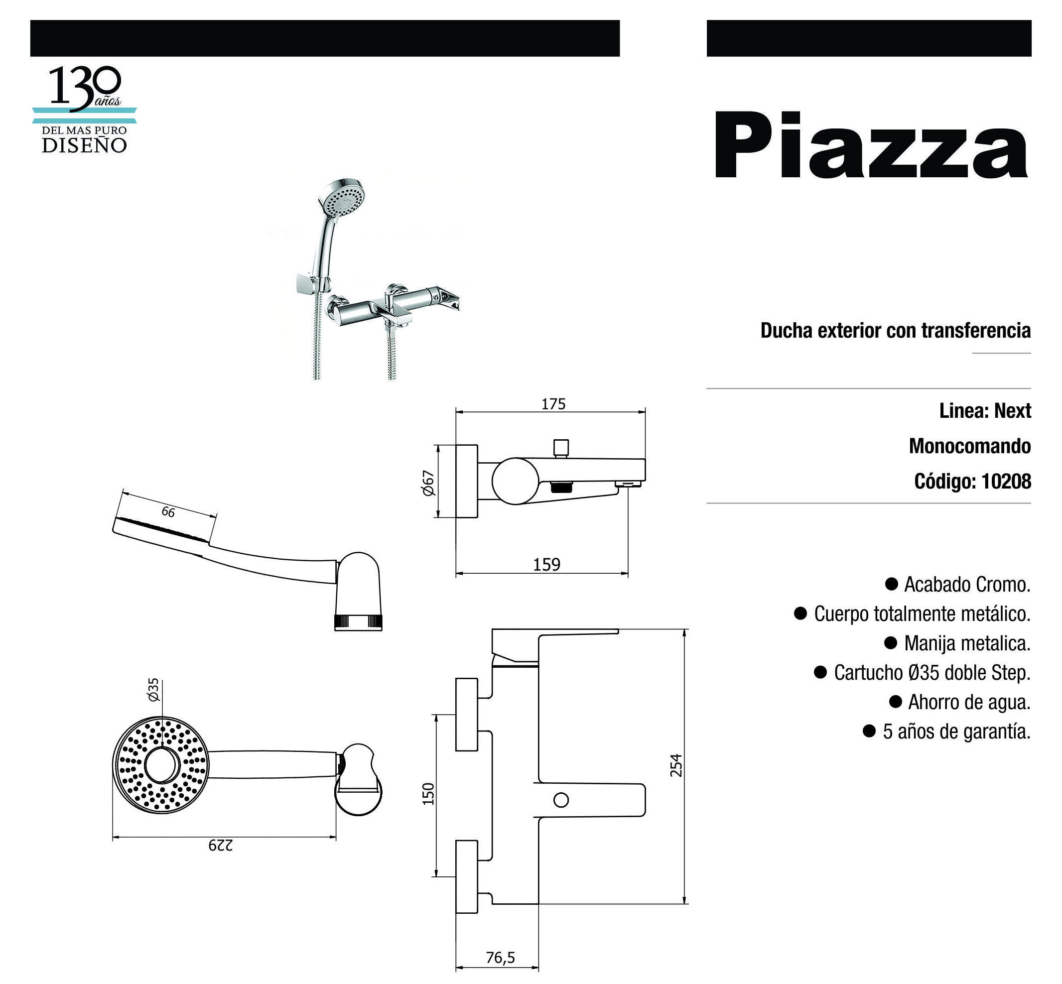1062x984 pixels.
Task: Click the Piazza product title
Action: pyautogui.click(x=870, y=144)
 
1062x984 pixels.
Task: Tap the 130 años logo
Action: pyautogui.click(x=84, y=110)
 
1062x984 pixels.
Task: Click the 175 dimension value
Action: pyautogui.click(x=553, y=404)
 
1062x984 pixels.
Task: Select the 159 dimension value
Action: pyautogui.click(x=546, y=564)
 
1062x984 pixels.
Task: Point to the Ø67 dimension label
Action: pyautogui.click(x=428, y=483)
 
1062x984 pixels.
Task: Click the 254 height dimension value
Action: pyautogui.click(x=675, y=765)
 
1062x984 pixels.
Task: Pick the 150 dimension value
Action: pyautogui.click(x=428, y=794)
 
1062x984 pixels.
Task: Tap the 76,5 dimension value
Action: pyautogui.click(x=500, y=958)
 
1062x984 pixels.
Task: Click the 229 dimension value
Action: pyautogui.click(x=220, y=845)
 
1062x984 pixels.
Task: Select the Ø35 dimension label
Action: pyautogui.click(x=153, y=690)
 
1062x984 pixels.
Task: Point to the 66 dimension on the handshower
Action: pyautogui.click(x=168, y=512)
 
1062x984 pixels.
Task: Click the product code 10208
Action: pyautogui.click(x=1006, y=482)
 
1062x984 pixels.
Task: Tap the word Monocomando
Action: pyautogui.click(x=970, y=446)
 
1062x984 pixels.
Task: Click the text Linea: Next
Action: pyautogui.click(x=985, y=411)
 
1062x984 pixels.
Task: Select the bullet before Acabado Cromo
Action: pyautogui.click(x=891, y=584)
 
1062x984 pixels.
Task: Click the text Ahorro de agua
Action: pyautogui.click(x=969, y=702)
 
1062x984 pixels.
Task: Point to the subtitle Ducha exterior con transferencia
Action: pyautogui.click(x=895, y=331)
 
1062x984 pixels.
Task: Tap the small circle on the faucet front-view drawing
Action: pyautogui.click(x=561, y=800)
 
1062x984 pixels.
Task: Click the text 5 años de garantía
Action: pyautogui.click(x=956, y=732)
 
